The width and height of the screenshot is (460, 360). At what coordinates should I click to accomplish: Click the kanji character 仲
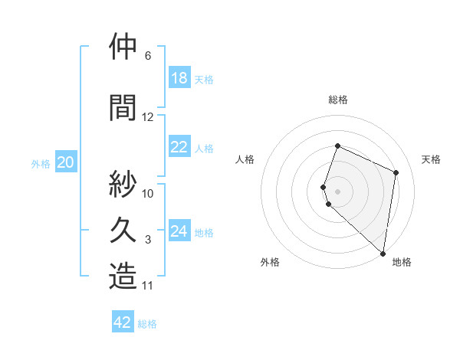123,47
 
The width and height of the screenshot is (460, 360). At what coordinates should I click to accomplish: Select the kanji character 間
123,107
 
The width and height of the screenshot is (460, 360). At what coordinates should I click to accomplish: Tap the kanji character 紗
123,184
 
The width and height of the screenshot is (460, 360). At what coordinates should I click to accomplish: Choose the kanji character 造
123,276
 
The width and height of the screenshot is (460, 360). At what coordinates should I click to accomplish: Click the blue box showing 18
179,78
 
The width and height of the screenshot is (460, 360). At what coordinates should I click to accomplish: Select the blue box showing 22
179,147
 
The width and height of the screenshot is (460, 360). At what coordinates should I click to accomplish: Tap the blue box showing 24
179,231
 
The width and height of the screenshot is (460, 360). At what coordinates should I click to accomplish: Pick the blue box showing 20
66,162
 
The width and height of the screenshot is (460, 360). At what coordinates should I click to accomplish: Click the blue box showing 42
123,322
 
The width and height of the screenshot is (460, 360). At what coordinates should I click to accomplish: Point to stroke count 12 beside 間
148,117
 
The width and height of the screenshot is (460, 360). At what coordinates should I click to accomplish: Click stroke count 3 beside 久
148,240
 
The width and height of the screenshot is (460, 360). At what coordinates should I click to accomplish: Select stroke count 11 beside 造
148,286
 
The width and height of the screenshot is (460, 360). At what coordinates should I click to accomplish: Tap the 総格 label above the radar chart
338,100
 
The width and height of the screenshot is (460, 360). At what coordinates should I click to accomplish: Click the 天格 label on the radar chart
432,159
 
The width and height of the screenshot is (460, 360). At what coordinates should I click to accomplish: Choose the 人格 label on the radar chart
245,159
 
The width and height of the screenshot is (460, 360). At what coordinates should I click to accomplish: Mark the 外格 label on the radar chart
270,263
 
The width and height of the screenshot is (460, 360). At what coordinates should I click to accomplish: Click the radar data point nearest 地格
383,254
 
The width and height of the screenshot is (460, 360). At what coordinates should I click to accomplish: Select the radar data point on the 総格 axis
337,146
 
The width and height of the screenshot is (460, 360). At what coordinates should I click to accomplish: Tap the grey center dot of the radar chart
338,191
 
